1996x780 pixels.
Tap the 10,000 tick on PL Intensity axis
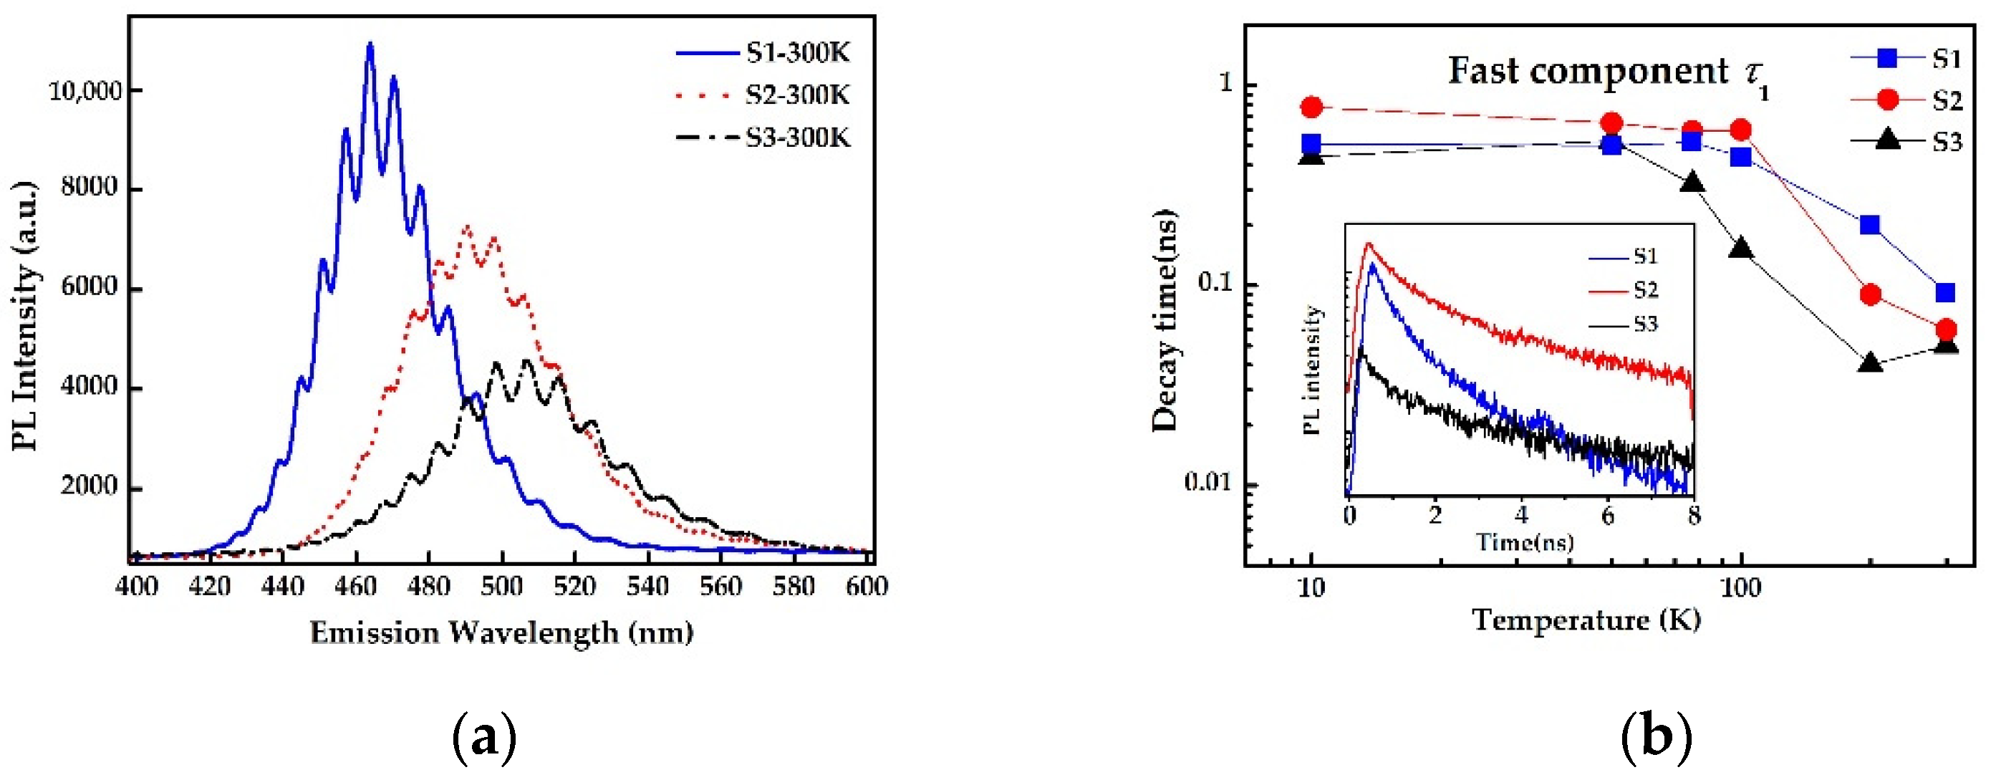(85, 92)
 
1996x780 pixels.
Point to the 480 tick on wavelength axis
(428, 587)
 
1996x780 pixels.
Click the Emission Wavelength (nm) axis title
(501, 633)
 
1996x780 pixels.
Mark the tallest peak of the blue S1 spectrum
(370, 45)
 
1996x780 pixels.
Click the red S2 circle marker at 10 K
(1311, 107)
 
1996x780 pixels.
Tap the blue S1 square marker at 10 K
(1311, 144)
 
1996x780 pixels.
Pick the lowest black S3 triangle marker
(1871, 362)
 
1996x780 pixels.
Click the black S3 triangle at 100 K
(1741, 249)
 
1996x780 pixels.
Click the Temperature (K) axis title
(1586, 620)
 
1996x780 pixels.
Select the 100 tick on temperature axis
(1741, 588)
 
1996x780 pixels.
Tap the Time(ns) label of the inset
(1524, 541)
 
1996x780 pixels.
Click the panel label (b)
(1656, 736)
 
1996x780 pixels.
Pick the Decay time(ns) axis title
(1165, 320)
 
